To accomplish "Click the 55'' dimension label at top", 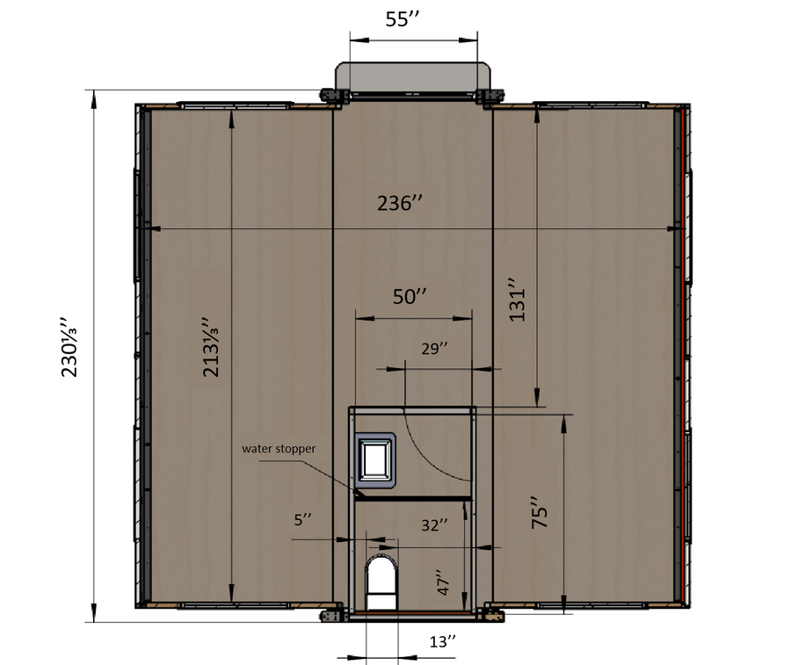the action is point(403,19).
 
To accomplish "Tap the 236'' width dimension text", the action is point(400,203).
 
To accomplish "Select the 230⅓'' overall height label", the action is point(69,347).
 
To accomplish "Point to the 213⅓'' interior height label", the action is point(210,347).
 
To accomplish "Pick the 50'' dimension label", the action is point(410,296).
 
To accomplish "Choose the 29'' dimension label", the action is point(434,349).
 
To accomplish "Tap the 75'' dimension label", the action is point(540,513).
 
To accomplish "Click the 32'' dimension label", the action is point(434,525).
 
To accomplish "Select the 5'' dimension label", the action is point(302,520).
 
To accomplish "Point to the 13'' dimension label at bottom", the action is point(442,642).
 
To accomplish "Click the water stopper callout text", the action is point(279,449).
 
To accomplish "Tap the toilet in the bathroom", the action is point(381,582).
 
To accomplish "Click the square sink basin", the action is point(374,460).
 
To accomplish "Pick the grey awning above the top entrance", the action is point(413,77).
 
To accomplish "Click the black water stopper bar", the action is point(414,499).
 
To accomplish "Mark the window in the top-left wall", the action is point(235,106).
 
